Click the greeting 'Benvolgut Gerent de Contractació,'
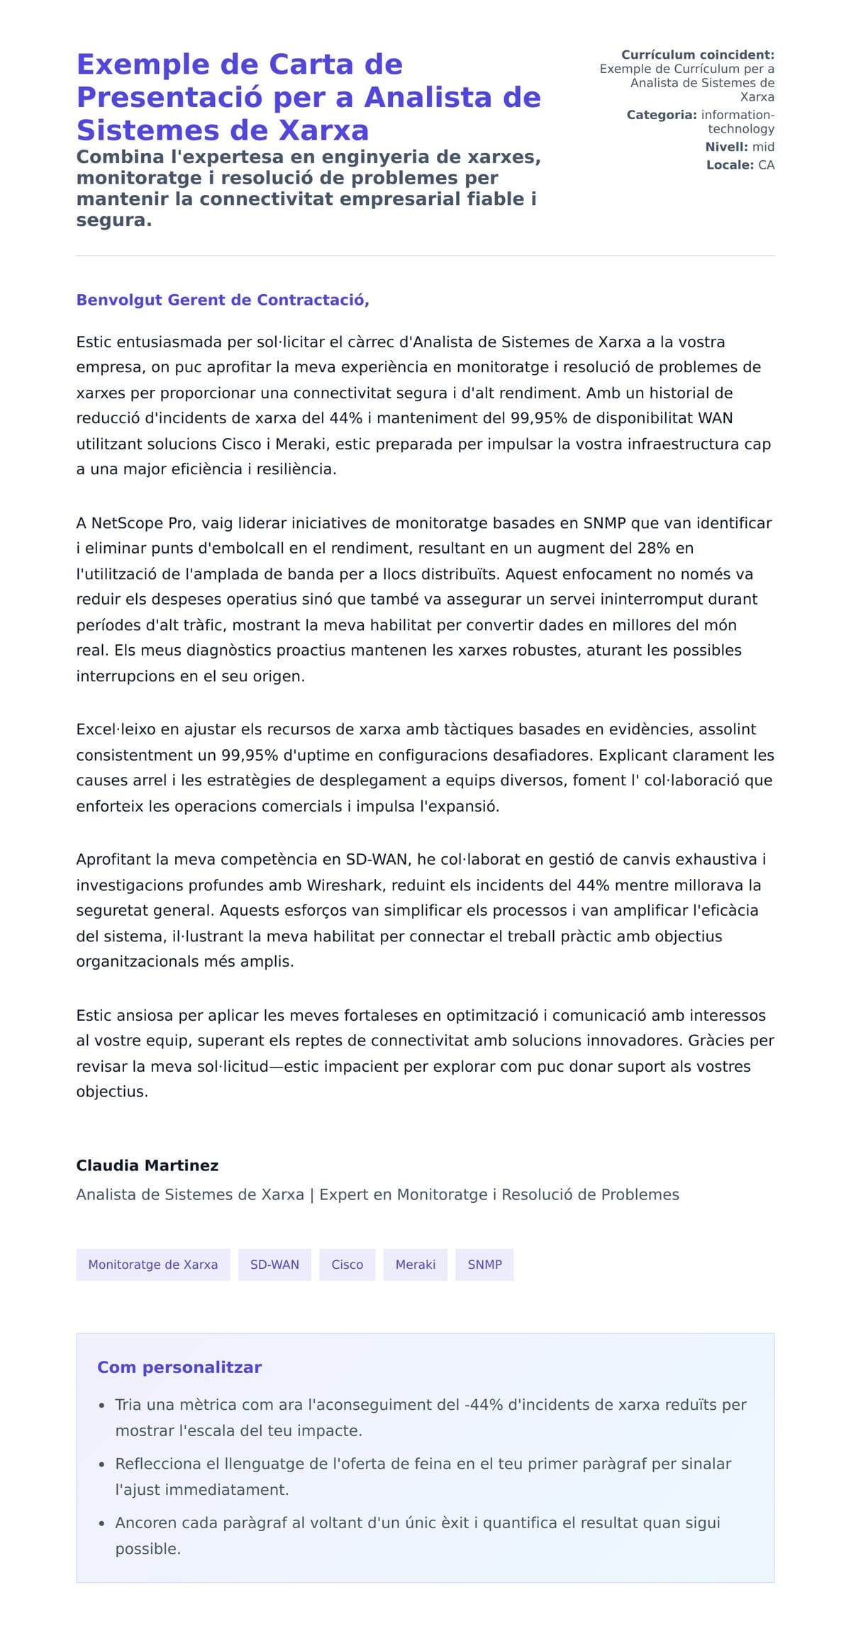223,300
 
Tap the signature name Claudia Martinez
147,1165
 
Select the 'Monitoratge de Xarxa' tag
152,1265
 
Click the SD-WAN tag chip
274,1265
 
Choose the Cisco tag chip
347,1265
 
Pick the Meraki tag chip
415,1265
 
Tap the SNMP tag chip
484,1265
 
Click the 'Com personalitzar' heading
179,1367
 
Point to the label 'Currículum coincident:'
697,55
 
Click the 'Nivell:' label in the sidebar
726,147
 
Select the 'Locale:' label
730,164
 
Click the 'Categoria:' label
661,115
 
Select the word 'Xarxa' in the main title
323,130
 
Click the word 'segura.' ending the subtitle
114,220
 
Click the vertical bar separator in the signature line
311,1195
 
